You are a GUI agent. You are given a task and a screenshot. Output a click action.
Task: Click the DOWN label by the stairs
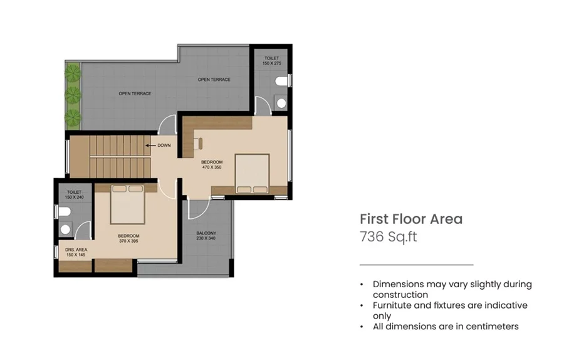tap(164, 146)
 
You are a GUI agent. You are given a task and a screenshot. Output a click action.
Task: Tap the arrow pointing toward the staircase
tap(150, 146)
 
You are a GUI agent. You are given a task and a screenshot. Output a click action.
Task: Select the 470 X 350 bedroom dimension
tap(212, 167)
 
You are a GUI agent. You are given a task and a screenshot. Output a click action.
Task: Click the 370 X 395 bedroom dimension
tap(128, 241)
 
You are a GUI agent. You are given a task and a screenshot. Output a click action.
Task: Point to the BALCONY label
tap(206, 233)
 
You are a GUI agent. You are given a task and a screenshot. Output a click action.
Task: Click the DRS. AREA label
tap(76, 250)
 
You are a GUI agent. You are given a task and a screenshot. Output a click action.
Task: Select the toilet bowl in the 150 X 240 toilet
tap(65, 212)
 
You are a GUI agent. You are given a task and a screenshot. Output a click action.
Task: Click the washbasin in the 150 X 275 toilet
tap(281, 103)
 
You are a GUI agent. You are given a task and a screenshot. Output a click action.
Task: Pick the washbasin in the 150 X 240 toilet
tap(65, 229)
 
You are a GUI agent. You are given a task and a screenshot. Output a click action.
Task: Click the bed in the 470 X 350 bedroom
tap(252, 174)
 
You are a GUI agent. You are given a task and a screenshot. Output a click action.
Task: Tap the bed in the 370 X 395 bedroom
tap(128, 204)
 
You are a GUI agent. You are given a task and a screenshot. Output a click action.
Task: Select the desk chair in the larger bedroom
tap(198, 143)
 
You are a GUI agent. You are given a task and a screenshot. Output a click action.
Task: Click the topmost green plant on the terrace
tap(73, 73)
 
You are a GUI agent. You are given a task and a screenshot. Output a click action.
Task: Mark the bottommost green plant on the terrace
tap(73, 118)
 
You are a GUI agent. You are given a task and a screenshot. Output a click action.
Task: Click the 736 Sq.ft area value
tap(389, 237)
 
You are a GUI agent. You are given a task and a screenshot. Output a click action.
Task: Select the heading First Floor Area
tap(411, 219)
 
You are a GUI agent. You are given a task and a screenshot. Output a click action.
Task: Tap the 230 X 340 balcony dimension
tap(206, 238)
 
